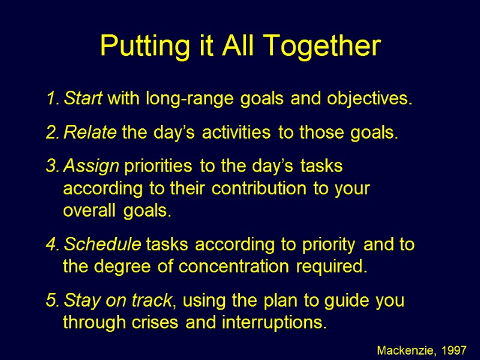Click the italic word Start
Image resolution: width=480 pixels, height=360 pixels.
[x=84, y=98]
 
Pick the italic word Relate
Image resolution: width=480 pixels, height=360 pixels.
[x=90, y=132]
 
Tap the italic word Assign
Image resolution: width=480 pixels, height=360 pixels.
[x=92, y=166]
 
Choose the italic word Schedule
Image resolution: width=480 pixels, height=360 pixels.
[x=103, y=244]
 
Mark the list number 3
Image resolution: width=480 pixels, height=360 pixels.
[x=53, y=166]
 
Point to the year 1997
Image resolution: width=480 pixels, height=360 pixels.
[x=455, y=350]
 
